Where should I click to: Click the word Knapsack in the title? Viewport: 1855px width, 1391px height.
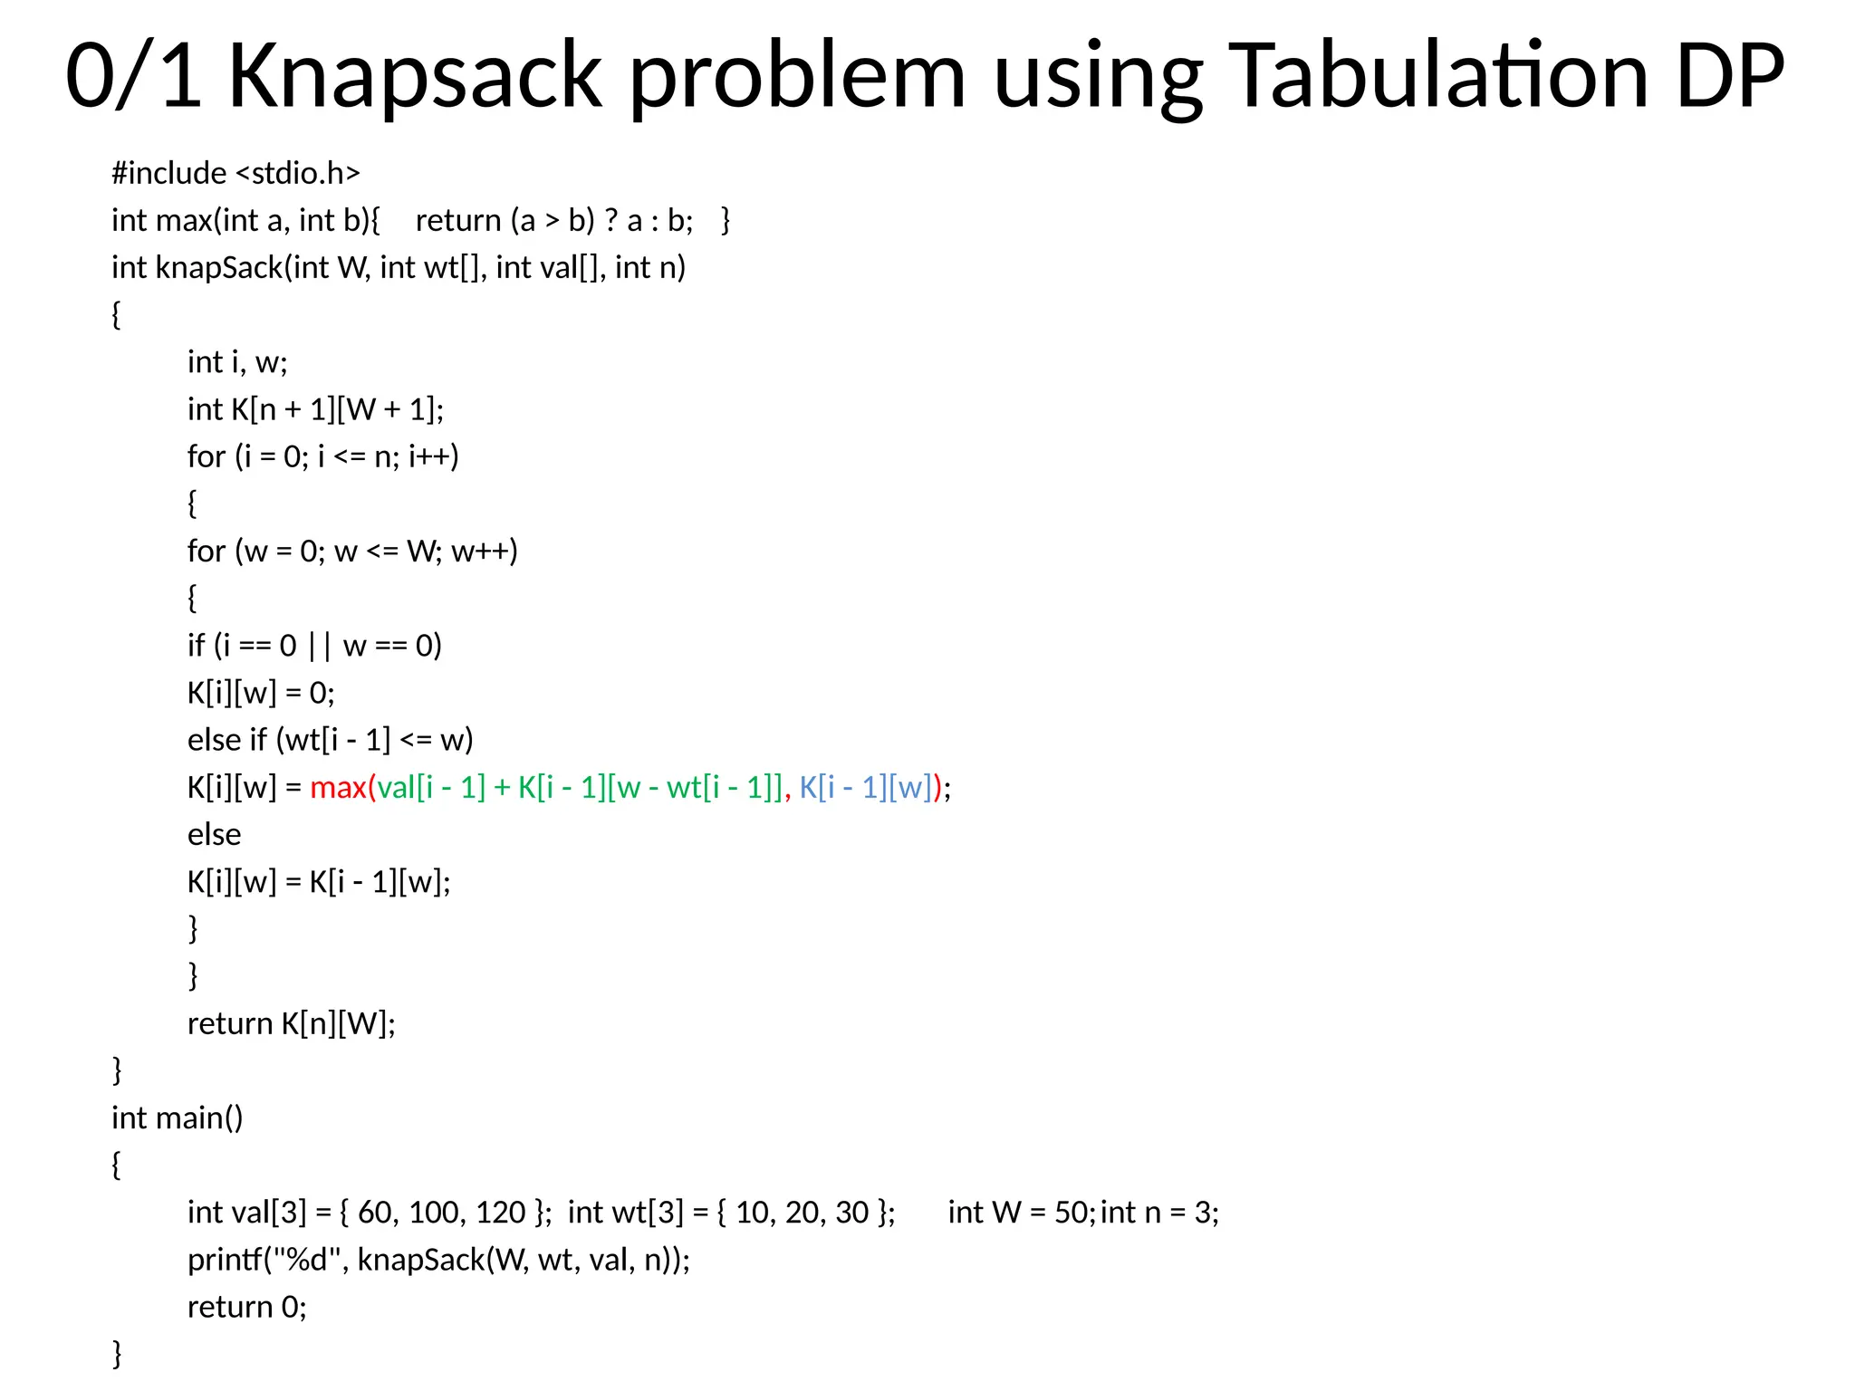pos(415,76)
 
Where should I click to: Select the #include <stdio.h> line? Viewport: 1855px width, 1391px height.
pos(235,173)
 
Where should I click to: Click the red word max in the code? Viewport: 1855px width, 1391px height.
pos(337,788)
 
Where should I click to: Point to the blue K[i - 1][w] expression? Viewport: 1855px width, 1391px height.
pos(865,788)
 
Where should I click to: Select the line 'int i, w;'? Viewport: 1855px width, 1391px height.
pos(237,362)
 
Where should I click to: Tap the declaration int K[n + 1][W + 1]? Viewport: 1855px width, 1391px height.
pos(315,409)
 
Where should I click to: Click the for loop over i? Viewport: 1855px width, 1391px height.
pos(322,456)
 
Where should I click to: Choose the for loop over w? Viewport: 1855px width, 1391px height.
pos(352,552)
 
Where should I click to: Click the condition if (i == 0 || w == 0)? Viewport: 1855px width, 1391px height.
pos(314,646)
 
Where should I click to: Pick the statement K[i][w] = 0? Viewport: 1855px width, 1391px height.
pos(261,694)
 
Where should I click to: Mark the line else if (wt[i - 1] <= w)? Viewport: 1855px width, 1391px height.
pos(330,741)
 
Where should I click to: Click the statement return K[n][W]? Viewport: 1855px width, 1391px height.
pos(291,1024)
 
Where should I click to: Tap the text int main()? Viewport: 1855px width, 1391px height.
pos(177,1118)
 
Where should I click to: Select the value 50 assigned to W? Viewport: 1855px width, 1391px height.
pos(1072,1213)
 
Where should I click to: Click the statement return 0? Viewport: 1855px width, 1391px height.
pos(246,1308)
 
